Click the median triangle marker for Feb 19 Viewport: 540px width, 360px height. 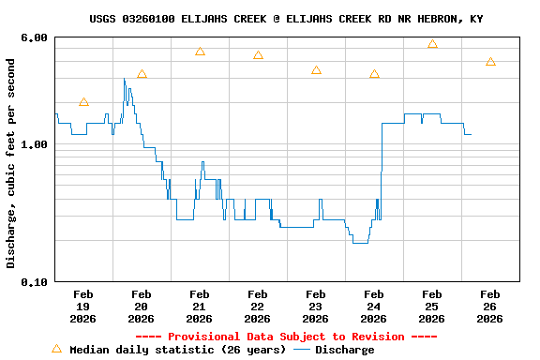[83, 102]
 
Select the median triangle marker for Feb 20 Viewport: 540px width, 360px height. [142, 74]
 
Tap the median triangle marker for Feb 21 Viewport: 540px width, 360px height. [200, 52]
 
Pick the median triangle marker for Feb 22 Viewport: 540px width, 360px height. [258, 55]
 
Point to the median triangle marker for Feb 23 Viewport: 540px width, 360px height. [316, 70]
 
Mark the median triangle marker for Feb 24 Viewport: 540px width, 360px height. [374, 74]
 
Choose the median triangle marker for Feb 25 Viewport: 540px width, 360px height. [432, 44]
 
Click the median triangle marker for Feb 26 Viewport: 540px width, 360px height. [490, 62]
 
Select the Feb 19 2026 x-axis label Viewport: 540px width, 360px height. [82, 307]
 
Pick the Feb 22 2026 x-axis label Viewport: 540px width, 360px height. [257, 307]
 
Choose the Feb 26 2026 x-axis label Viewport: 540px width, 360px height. [489, 307]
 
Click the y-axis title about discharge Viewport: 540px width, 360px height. [11, 163]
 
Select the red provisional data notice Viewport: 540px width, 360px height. [286, 337]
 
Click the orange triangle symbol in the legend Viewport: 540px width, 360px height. [56, 349]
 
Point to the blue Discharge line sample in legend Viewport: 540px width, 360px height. [302, 350]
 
